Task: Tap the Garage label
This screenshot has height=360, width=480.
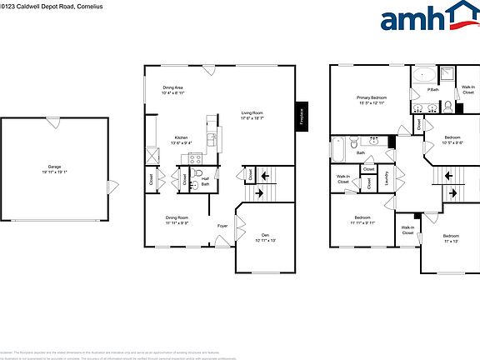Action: click(55, 168)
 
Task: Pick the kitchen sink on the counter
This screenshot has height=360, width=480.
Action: click(212, 138)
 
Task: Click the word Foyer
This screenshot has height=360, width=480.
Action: click(222, 226)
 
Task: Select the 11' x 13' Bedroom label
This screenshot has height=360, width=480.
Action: click(451, 238)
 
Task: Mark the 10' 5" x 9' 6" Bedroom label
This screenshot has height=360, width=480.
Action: click(452, 139)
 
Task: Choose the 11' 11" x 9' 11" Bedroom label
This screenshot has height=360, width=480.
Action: click(362, 219)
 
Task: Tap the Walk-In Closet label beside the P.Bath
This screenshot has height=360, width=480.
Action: click(468, 91)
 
